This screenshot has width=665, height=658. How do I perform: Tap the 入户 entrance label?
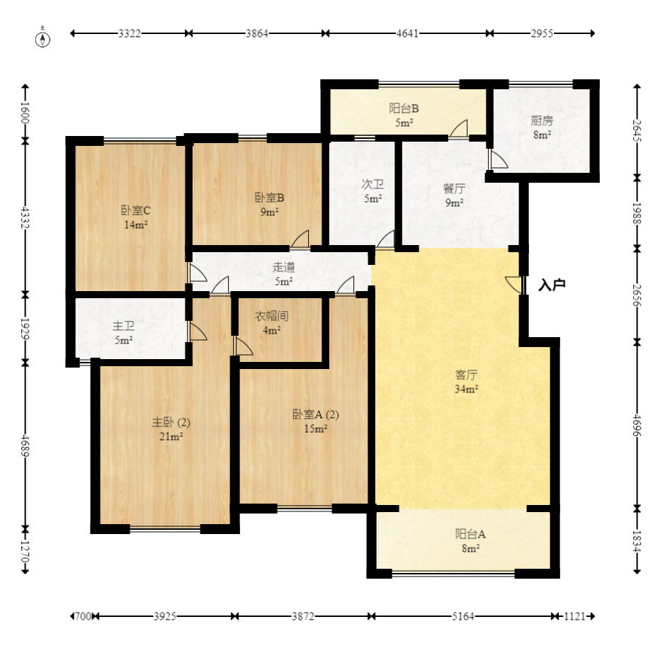point(552,285)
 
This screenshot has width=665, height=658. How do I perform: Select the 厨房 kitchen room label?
point(542,127)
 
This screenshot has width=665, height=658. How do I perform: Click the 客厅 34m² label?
point(467,382)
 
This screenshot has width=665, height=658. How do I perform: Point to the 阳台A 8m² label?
point(470,541)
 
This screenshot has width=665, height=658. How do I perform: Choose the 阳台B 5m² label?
point(404,115)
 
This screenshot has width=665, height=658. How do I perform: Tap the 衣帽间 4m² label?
point(271,323)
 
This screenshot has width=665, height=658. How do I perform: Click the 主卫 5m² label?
point(123,333)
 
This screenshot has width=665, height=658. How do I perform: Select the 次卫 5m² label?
point(373,191)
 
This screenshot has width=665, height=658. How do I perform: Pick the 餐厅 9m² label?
point(454,195)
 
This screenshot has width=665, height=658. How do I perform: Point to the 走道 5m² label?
point(283,274)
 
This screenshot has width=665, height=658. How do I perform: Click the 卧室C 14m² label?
point(136,217)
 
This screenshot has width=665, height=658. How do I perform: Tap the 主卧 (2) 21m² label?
point(171,429)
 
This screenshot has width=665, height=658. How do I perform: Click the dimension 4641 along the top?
point(407,33)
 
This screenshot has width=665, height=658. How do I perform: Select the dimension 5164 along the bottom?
point(462,616)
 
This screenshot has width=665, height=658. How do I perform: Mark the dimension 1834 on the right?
point(637,541)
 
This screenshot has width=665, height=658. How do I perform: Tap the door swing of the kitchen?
point(498,159)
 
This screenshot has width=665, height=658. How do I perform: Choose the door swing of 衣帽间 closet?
point(243,346)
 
